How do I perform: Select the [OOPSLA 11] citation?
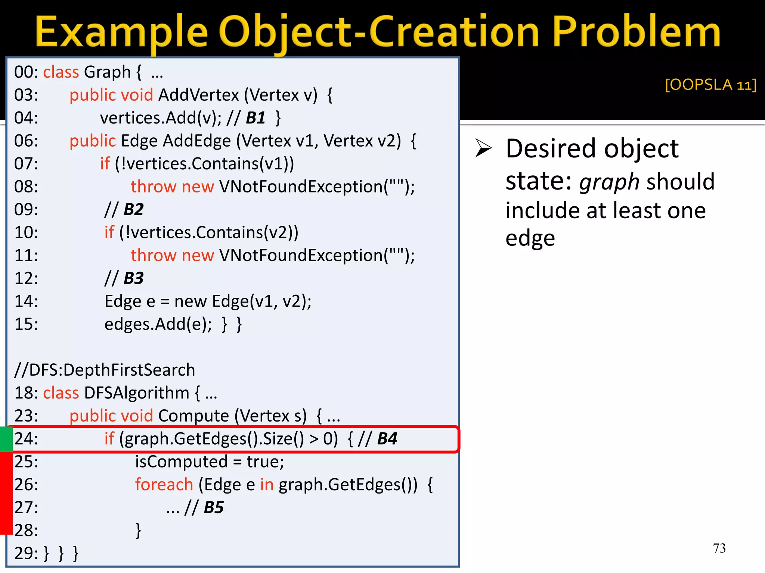pyautogui.click(x=710, y=85)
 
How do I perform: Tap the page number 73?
pyautogui.click(x=719, y=548)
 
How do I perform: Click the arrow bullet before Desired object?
pyautogui.click(x=483, y=148)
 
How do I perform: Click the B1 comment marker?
pyautogui.click(x=255, y=118)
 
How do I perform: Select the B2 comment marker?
pyautogui.click(x=133, y=209)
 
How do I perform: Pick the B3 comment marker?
pyautogui.click(x=133, y=278)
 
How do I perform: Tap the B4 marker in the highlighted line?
pyautogui.click(x=387, y=439)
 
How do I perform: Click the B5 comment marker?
pyautogui.click(x=214, y=507)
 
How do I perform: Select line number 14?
pyautogui.click(x=26, y=301)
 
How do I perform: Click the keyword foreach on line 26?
pyautogui.click(x=164, y=485)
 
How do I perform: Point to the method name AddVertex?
pyautogui.click(x=199, y=95)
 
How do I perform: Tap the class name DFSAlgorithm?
pyautogui.click(x=137, y=393)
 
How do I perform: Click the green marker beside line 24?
pyautogui.click(x=6, y=439)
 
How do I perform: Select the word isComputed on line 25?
pyautogui.click(x=181, y=462)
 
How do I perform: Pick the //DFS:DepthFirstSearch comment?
pyautogui.click(x=105, y=370)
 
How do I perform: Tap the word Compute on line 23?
pyautogui.click(x=193, y=416)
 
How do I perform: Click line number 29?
pyautogui.click(x=26, y=553)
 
